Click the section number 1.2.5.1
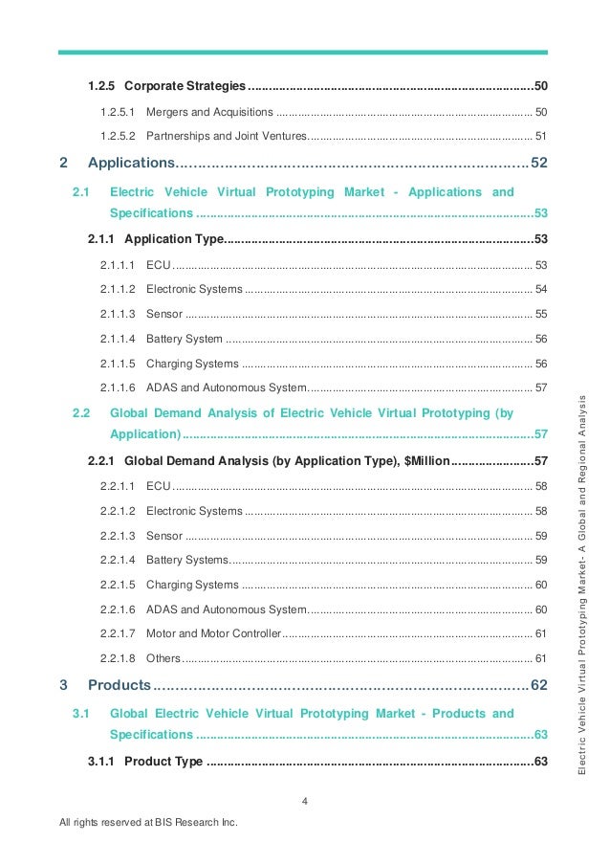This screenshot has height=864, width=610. coord(118,112)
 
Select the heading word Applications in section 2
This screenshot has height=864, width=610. coord(130,163)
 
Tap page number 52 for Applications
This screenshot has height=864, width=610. coord(538,163)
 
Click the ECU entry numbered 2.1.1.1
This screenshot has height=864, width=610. coord(158,264)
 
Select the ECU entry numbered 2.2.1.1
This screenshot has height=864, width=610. coord(158,486)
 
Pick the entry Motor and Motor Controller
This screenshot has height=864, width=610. coord(214,633)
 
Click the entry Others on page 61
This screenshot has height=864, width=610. coord(163,658)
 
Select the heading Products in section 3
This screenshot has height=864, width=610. coord(120,685)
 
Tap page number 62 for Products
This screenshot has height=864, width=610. coord(538,685)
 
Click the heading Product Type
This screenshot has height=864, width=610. coord(163,762)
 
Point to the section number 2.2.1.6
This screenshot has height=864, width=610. coord(118,609)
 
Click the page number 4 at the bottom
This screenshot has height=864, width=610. coord(304,802)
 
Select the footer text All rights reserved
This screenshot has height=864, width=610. coord(147,823)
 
